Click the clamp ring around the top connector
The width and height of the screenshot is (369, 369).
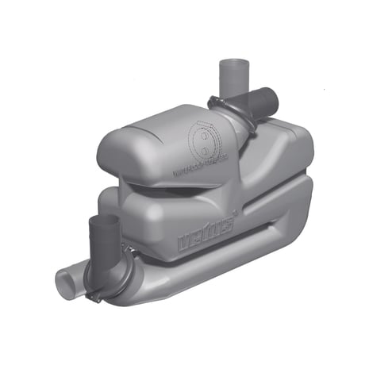[227, 109]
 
